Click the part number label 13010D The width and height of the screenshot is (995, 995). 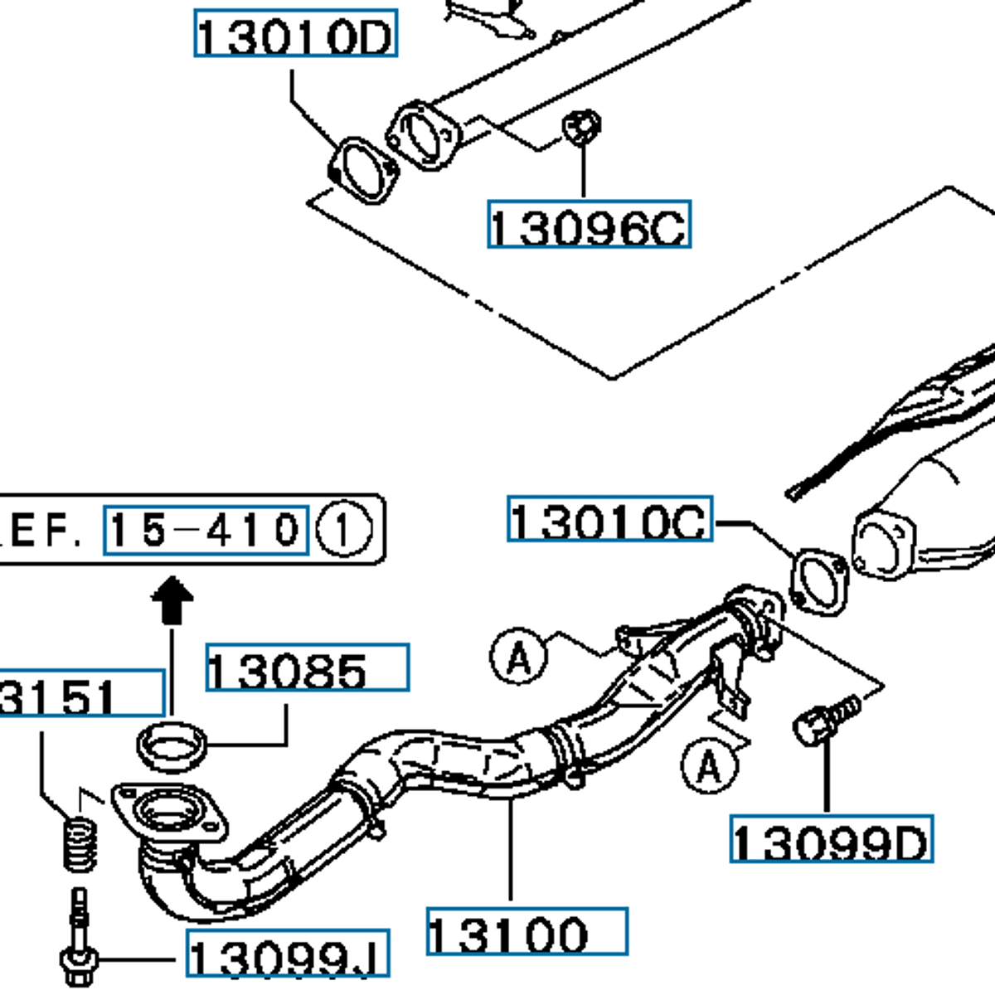[x=296, y=34]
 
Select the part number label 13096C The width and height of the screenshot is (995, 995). [x=589, y=224]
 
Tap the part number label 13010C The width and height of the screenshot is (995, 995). [x=609, y=520]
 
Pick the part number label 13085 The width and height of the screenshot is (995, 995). [x=307, y=667]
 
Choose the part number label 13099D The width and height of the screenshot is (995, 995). [x=831, y=839]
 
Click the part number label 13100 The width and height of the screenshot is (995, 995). [x=527, y=932]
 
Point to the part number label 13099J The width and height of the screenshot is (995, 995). [x=288, y=954]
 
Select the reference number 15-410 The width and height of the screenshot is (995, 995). [x=206, y=529]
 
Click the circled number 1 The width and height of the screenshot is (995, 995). [x=344, y=530]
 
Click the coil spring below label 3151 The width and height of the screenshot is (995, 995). [x=80, y=842]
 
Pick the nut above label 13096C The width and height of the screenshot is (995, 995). [x=581, y=127]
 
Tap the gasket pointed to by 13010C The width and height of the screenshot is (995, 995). [x=819, y=581]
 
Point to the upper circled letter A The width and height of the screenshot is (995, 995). [x=519, y=658]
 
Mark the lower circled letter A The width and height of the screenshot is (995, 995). [x=709, y=767]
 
